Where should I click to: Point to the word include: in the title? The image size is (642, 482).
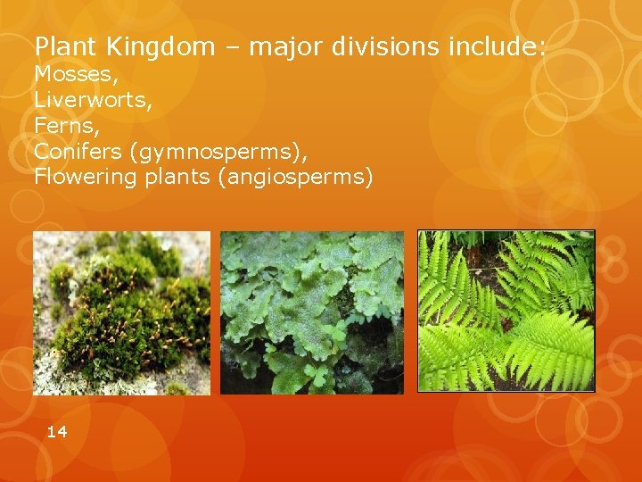click(x=496, y=46)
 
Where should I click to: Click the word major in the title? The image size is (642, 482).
click(x=286, y=47)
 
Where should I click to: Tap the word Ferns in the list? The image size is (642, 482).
click(x=64, y=125)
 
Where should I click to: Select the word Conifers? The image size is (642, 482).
click(x=78, y=151)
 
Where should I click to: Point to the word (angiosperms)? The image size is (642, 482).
click(x=294, y=178)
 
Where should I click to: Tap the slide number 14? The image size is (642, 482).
click(x=56, y=432)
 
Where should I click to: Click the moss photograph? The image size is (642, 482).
click(x=121, y=312)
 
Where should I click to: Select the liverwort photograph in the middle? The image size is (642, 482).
click(x=312, y=312)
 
